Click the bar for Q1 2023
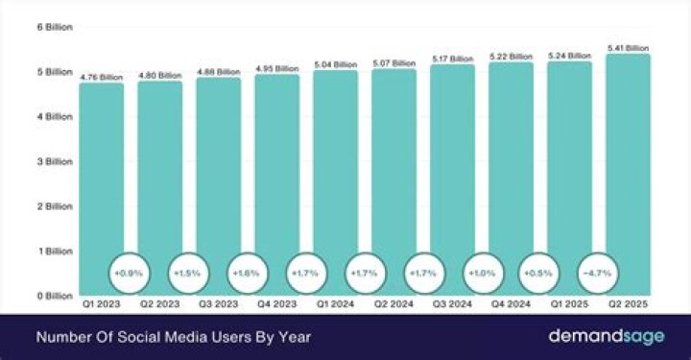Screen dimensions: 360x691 coord(101,182)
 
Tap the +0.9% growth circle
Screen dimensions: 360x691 coord(131,273)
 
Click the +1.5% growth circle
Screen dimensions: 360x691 coord(189,273)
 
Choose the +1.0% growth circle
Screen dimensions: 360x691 coord(481,273)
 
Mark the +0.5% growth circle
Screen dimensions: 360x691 coord(539,273)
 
